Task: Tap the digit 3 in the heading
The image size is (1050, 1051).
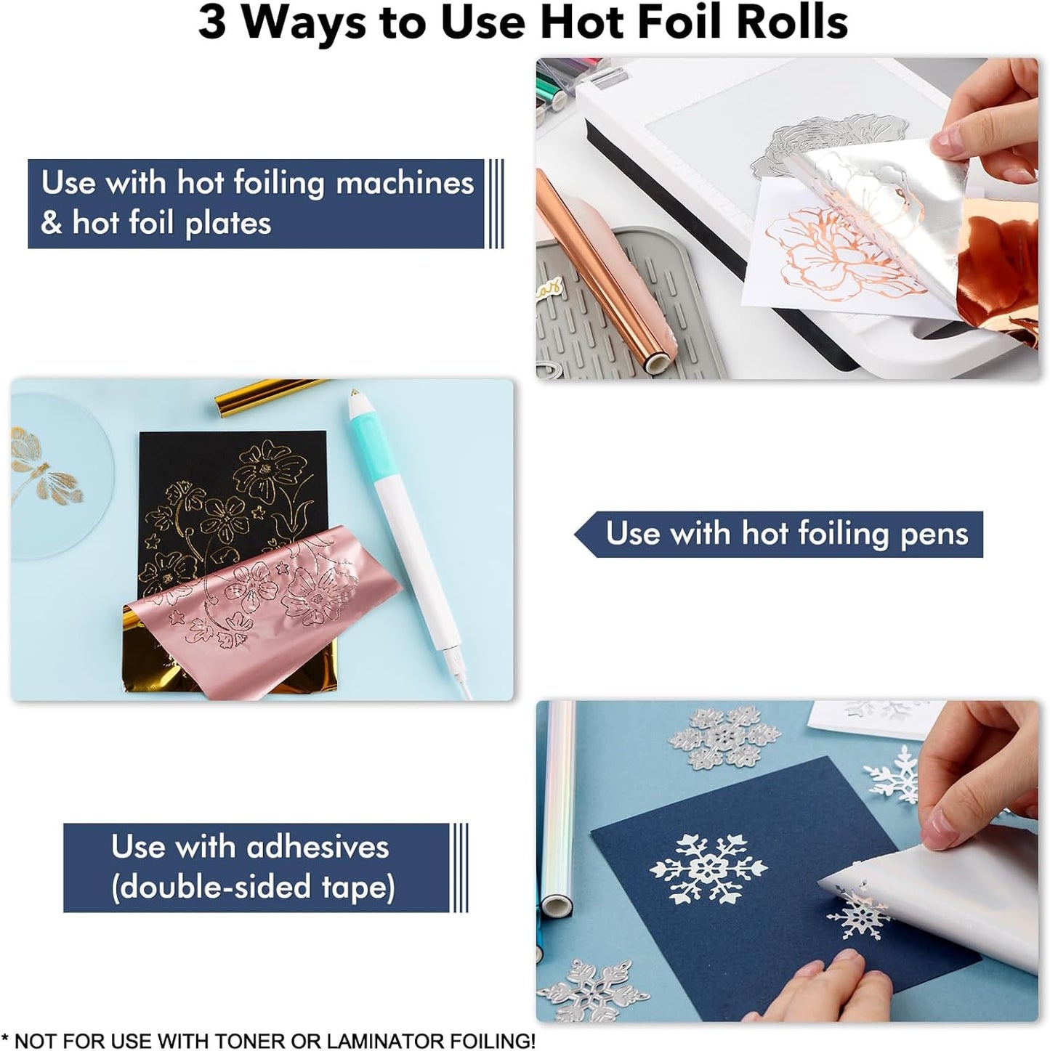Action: pyautogui.click(x=212, y=22)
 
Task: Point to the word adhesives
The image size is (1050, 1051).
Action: pyautogui.click(x=318, y=847)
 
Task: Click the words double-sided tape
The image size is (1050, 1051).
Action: pyautogui.click(x=253, y=888)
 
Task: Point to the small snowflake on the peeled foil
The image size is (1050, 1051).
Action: pyautogui.click(x=857, y=917)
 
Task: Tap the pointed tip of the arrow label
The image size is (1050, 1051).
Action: pyautogui.click(x=576, y=535)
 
